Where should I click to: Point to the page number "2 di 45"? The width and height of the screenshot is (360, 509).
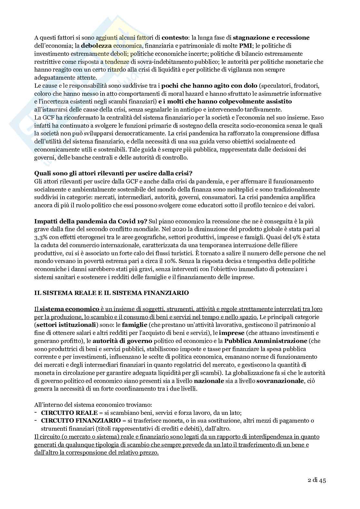(x=316, y=480)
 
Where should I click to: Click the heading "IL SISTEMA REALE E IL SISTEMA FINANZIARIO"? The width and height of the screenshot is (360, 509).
(x=112, y=293)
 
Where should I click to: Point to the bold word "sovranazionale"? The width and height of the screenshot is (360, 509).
(x=280, y=381)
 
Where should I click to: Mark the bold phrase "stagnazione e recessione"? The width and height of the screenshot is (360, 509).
(x=271, y=38)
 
